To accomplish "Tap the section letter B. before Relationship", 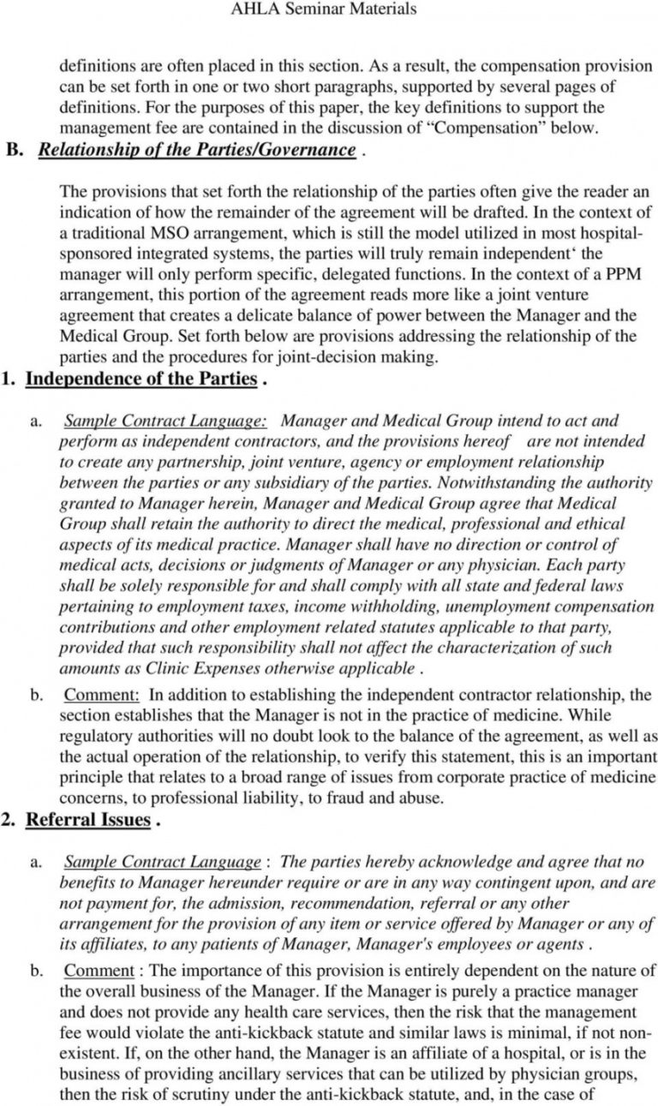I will pyautogui.click(x=18, y=150).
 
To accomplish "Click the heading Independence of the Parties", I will pyautogui.click(x=141, y=379).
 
